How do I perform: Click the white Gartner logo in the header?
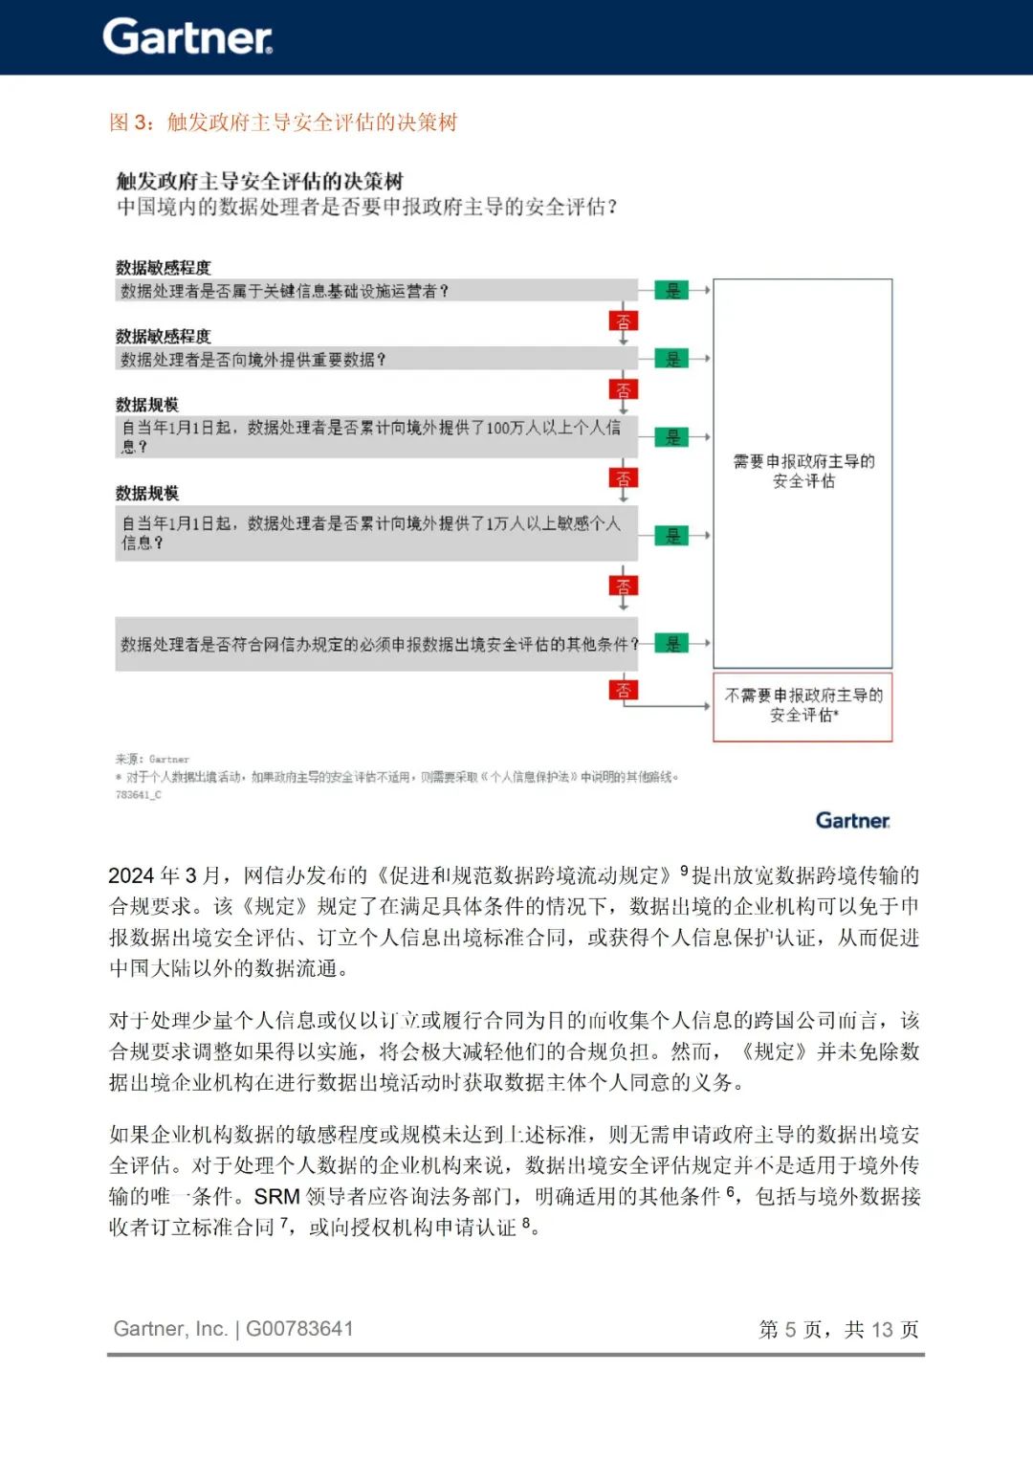[187, 37]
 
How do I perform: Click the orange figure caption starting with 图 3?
[283, 122]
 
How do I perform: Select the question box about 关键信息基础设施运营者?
[376, 291]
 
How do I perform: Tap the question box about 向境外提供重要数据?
[376, 359]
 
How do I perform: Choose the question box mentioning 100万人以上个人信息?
[376, 436]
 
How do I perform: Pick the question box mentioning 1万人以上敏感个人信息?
[376, 533]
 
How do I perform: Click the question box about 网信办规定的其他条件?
[376, 644]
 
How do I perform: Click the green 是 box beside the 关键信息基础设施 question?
[672, 291]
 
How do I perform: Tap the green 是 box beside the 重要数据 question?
[672, 359]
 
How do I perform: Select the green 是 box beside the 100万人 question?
[672, 437]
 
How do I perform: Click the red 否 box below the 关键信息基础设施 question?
[624, 321]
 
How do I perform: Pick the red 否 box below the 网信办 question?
[624, 690]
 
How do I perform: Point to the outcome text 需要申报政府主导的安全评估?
[803, 472]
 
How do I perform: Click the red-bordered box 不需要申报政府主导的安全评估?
[802, 706]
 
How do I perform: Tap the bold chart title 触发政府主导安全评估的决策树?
[259, 181]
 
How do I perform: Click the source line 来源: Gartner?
[152, 759]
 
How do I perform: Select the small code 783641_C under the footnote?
[138, 795]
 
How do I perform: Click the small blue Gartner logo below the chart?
[852, 821]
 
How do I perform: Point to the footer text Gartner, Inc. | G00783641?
[233, 1329]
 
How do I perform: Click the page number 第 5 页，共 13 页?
[838, 1330]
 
